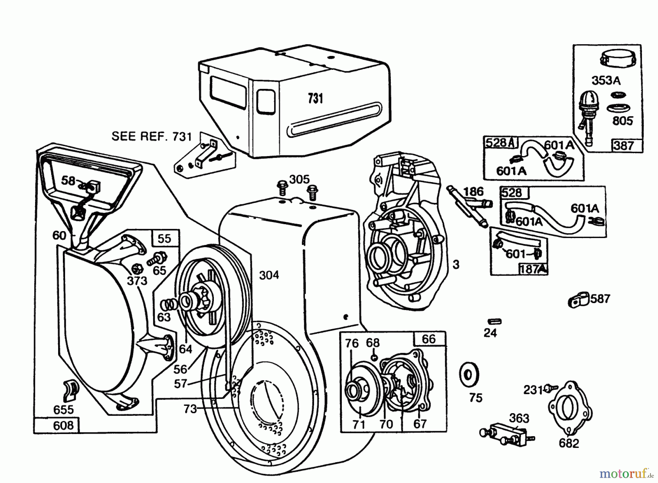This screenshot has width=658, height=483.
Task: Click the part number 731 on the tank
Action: coord(315,99)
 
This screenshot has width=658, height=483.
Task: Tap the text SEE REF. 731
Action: coord(151,136)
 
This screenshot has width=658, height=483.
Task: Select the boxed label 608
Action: coord(63,425)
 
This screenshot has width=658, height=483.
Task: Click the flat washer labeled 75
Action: coord(468,375)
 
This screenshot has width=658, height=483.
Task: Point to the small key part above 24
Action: coord(495,321)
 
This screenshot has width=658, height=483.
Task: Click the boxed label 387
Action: coord(623,146)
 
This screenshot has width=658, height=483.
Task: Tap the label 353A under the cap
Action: coord(606,80)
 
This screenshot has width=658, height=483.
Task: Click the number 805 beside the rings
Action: coord(622,120)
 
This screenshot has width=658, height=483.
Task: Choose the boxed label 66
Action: coord(428,339)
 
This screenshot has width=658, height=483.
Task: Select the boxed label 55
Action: coord(164,238)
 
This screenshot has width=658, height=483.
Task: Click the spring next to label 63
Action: coord(169,303)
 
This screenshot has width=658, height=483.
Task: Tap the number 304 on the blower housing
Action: coord(269,275)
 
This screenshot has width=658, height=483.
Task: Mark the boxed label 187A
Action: coord(533,269)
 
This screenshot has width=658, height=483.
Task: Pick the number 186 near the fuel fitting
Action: coord(473,191)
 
